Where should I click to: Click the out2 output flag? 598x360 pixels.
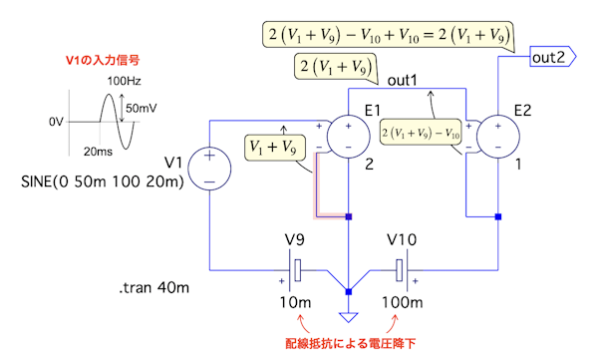(x=553, y=57)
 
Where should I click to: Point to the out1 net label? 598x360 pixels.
(x=403, y=80)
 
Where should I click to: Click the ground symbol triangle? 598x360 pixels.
(x=348, y=317)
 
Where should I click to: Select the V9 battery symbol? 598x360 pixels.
(x=294, y=270)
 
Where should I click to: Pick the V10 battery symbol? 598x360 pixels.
(x=403, y=270)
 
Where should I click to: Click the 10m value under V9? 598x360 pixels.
(x=295, y=302)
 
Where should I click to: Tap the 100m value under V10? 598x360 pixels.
(x=403, y=302)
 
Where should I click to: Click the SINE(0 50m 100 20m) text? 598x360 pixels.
(x=103, y=181)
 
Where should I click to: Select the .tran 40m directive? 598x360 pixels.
(x=154, y=287)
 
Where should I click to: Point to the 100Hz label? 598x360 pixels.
(x=124, y=81)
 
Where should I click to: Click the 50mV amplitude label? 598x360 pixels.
(x=142, y=109)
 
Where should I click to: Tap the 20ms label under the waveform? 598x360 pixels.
(x=98, y=152)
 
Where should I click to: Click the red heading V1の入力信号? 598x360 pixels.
(x=103, y=60)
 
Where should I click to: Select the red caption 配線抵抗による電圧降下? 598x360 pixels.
(x=351, y=344)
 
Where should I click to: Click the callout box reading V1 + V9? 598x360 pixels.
(x=275, y=148)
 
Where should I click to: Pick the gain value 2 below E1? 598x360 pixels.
(x=369, y=165)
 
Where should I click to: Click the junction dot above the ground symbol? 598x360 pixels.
(x=348, y=291)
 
